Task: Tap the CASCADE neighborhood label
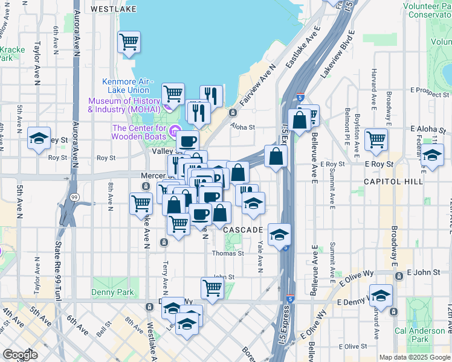click(x=243, y=230)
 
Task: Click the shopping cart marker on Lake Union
click(x=129, y=42)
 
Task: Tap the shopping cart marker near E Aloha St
click(x=376, y=139)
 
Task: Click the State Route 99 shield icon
click(x=74, y=197)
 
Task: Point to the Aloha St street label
click(x=243, y=127)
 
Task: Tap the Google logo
click(x=20, y=355)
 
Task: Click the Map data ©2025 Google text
click(x=414, y=357)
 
